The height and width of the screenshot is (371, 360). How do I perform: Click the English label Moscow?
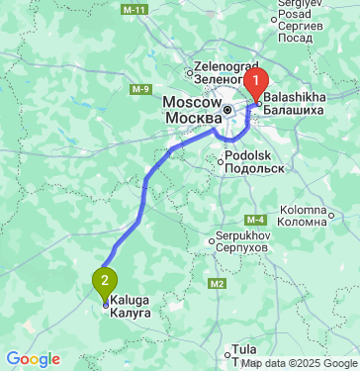click(192, 102)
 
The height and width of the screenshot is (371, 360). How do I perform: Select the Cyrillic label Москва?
click(192, 118)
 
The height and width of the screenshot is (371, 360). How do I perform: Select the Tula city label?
click(242, 350)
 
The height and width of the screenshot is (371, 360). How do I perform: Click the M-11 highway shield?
click(136, 9)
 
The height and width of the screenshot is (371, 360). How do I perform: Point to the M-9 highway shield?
click(137, 88)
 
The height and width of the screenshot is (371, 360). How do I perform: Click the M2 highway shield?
click(217, 284)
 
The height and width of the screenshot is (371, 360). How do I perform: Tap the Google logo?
click(33, 359)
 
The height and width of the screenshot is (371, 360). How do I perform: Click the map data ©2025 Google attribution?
click(299, 363)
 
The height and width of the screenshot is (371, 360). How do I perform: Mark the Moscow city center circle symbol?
click(227, 109)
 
